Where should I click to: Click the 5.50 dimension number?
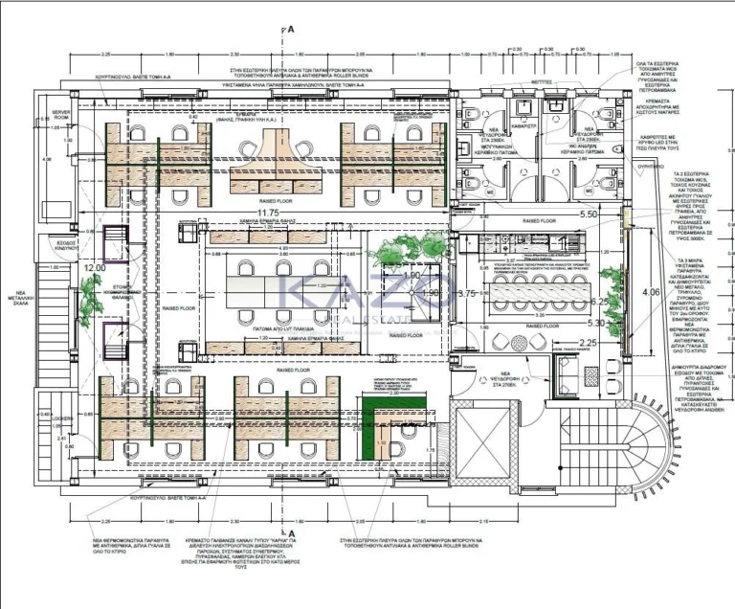[x=589, y=214]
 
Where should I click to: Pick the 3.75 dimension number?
[x=467, y=294]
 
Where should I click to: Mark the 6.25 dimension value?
[x=601, y=301]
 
